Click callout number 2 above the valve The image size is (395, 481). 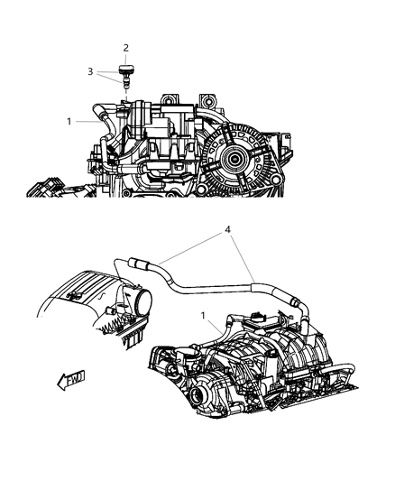click(126, 47)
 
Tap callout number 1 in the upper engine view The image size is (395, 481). click(69, 120)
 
